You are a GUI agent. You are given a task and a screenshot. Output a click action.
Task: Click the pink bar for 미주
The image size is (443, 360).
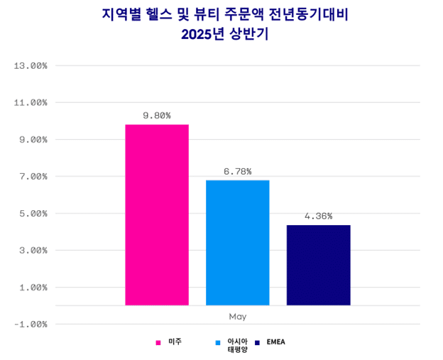tap(157, 214)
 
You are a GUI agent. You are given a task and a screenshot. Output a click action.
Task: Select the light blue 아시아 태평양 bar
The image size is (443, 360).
tap(238, 242)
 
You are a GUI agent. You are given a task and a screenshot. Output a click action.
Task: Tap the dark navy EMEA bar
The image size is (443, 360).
tap(318, 265)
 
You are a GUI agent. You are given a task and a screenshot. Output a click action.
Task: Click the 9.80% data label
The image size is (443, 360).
tap(157, 115)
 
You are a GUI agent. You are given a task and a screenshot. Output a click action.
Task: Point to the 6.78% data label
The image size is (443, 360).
tap(238, 171)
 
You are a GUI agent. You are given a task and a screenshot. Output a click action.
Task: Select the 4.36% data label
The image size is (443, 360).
tap(318, 216)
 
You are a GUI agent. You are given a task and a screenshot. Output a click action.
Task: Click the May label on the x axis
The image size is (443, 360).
tap(238, 316)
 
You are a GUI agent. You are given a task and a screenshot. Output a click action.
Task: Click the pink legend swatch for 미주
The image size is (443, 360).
tap(158, 342)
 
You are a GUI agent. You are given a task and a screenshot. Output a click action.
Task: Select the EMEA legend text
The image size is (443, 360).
tap(275, 342)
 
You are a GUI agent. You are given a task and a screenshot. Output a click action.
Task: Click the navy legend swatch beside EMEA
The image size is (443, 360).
tap(258, 342)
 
